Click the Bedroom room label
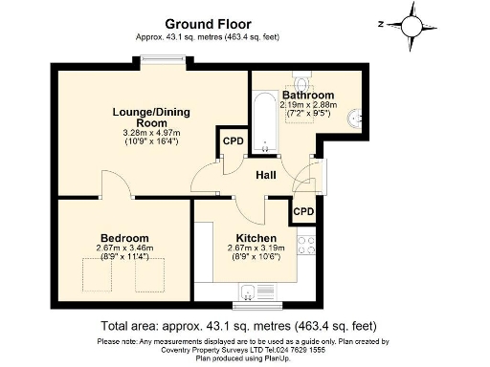124,238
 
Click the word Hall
267,175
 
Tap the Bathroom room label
308,96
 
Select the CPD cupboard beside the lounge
233,142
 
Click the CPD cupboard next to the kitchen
303,211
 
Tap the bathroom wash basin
356,119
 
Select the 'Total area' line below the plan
244,325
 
